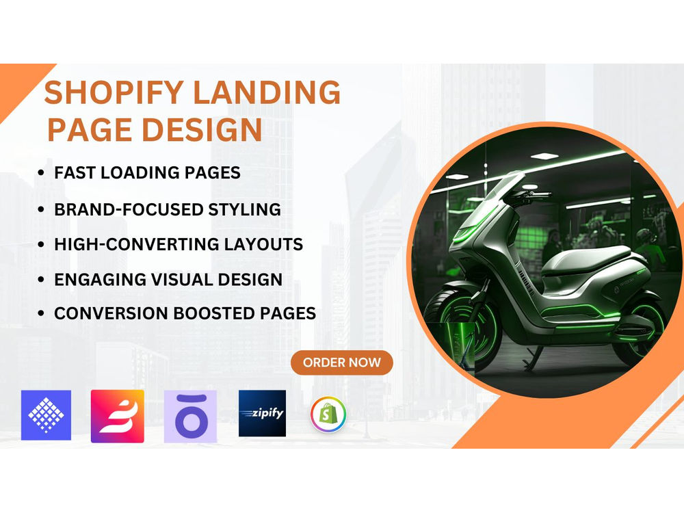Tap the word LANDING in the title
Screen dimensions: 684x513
pos(266,92)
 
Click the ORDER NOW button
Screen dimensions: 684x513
pos(341,363)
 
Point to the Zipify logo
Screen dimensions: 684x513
pos(262,413)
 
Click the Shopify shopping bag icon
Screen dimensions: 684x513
pos(328,414)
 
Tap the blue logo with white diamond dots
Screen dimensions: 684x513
pos(46,415)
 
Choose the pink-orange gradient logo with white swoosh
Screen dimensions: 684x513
pos(118,416)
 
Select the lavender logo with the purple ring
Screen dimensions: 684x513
pos(190,417)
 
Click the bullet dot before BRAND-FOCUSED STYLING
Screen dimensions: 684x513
pos(41,209)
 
